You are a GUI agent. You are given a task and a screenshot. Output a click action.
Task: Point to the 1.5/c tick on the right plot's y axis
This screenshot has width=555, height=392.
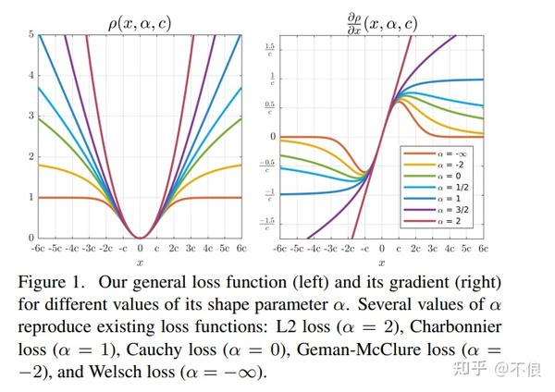(x=270, y=48)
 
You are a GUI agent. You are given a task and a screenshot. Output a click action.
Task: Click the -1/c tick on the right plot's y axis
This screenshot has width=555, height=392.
(x=270, y=194)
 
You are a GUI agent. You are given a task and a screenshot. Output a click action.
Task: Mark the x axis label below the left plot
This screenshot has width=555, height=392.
(x=140, y=263)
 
